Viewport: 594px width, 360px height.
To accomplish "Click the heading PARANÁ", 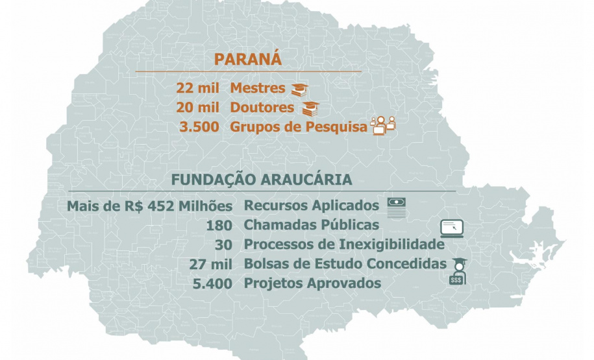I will [x=248, y=59].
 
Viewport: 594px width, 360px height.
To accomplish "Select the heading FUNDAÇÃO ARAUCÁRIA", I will [x=262, y=179].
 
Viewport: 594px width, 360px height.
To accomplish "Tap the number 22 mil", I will [x=197, y=88].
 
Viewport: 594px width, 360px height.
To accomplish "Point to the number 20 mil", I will [x=197, y=108].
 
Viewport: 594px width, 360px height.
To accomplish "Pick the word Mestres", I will [x=258, y=88].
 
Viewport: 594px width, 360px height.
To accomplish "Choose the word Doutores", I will [x=262, y=108].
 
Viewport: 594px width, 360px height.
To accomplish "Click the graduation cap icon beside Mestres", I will [x=299, y=90].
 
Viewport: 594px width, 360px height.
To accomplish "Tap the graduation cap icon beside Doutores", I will [x=311, y=108].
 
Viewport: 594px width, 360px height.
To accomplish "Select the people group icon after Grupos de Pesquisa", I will [x=382, y=125].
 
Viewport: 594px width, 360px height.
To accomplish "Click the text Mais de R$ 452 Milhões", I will [x=150, y=206].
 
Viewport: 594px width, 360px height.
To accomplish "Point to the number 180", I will [x=219, y=226].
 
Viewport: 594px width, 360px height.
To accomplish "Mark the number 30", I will [x=225, y=245].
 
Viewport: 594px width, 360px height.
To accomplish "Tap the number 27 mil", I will [x=211, y=264].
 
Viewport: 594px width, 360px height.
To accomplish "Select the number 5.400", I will [x=213, y=283].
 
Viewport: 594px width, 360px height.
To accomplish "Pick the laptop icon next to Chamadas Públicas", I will [x=452, y=228].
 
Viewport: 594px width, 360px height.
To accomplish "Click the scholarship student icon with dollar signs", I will [x=457, y=270].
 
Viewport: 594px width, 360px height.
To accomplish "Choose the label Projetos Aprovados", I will [x=312, y=283].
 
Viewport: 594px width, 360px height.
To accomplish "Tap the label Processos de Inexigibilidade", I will [x=344, y=245].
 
